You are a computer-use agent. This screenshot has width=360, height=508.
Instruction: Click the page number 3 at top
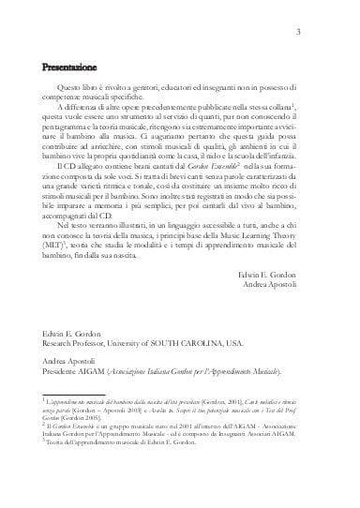pos(322,35)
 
